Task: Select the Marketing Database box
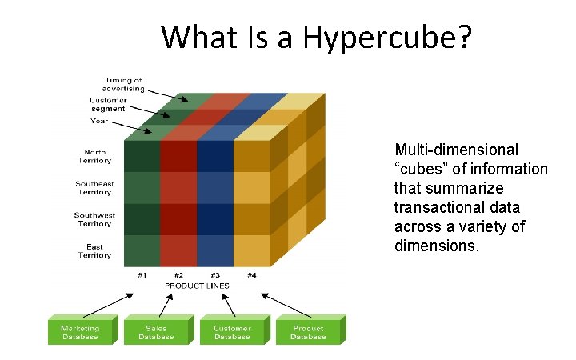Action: pyautogui.click(x=80, y=332)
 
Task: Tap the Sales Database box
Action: pyautogui.click(x=156, y=332)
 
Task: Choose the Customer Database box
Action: pyautogui.click(x=232, y=332)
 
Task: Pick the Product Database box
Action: pyautogui.click(x=308, y=332)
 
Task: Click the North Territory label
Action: pyautogui.click(x=94, y=156)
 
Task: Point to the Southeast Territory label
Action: pyautogui.click(x=94, y=188)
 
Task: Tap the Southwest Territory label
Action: pyautogui.click(x=94, y=219)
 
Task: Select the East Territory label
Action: pyautogui.click(x=94, y=250)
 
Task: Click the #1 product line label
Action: pyautogui.click(x=142, y=275)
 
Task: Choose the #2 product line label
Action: pyautogui.click(x=178, y=275)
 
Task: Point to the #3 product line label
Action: pyautogui.click(x=215, y=275)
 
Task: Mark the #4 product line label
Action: pyautogui.click(x=251, y=275)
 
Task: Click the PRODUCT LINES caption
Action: pyautogui.click(x=197, y=286)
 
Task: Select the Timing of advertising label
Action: pyautogui.click(x=124, y=84)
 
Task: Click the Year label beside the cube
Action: pyautogui.click(x=99, y=122)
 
